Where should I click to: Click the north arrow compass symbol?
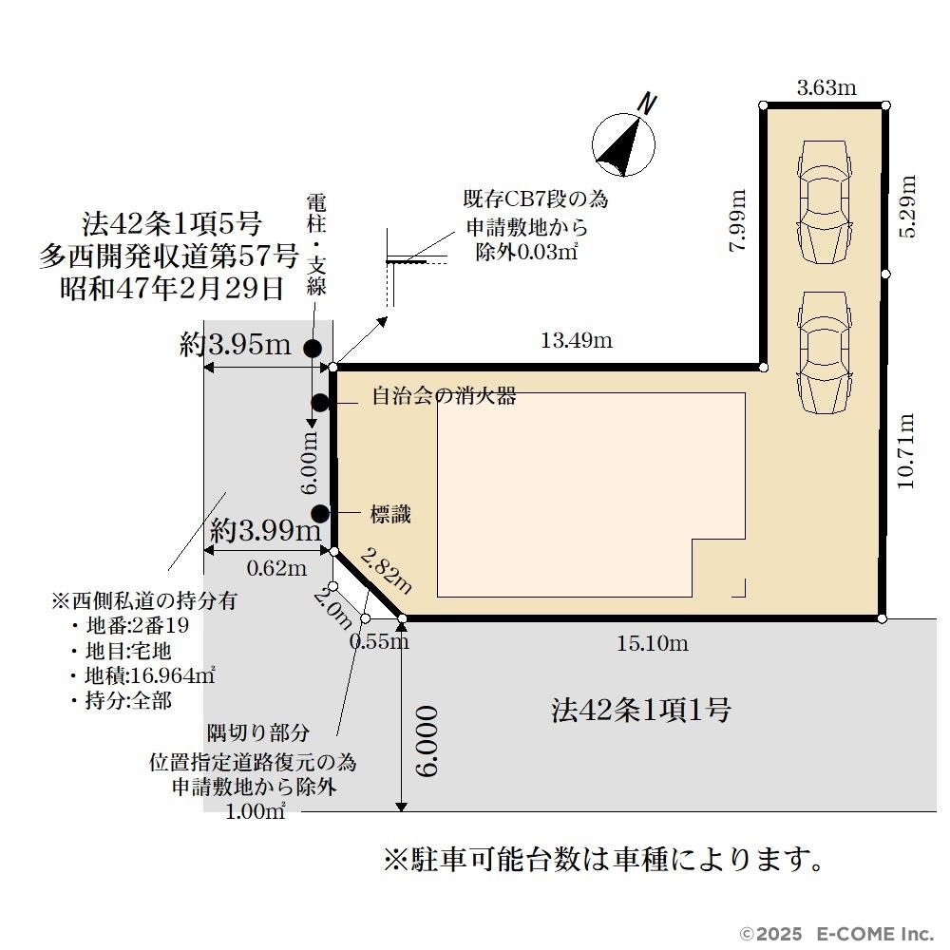click(623, 144)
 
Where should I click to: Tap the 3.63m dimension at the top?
click(826, 87)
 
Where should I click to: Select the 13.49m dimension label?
click(577, 340)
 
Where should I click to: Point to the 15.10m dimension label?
click(653, 643)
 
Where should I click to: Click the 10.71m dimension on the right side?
click(904, 451)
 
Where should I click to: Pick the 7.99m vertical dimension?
click(737, 220)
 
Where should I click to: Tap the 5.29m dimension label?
click(907, 206)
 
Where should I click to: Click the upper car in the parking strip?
click(825, 201)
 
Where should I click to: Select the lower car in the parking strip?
click(824, 352)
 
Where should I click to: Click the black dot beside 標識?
click(320, 514)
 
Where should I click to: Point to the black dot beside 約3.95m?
click(312, 349)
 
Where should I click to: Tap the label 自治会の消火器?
click(444, 395)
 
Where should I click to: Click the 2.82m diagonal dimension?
click(386, 570)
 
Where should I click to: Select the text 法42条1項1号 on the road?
click(641, 710)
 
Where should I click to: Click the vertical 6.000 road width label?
click(427, 741)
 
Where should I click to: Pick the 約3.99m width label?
click(265, 531)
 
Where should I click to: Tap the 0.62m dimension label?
click(276, 568)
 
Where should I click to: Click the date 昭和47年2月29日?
click(172, 288)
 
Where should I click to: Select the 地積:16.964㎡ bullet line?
click(143, 674)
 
